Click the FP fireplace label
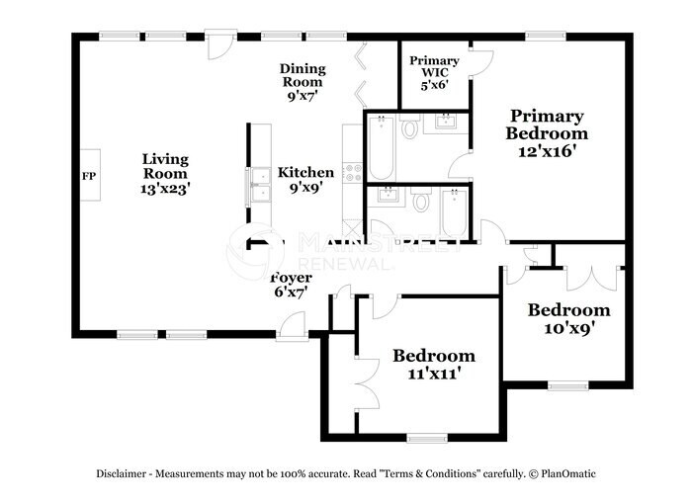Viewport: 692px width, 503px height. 89,176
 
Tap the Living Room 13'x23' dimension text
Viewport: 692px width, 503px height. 165,189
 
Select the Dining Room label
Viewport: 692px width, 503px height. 303,75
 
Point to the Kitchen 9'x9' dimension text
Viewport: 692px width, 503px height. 305,188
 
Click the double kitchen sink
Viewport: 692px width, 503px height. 259,185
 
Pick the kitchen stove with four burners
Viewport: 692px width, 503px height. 353,172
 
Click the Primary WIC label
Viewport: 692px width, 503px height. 434,66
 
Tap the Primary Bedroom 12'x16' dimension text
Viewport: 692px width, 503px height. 548,151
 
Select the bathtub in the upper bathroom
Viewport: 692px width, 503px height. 381,147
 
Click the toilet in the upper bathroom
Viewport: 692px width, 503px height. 409,126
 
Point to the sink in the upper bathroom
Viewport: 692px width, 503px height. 445,122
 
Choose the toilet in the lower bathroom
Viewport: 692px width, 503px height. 421,200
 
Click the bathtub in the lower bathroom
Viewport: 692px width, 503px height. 454,213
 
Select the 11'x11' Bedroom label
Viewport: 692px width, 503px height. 434,356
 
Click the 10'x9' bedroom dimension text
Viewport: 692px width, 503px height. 569,328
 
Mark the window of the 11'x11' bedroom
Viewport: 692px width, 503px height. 427,438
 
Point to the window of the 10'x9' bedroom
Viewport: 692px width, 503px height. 568,385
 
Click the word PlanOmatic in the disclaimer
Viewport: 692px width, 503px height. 568,474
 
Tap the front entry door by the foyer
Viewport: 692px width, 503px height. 292,326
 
